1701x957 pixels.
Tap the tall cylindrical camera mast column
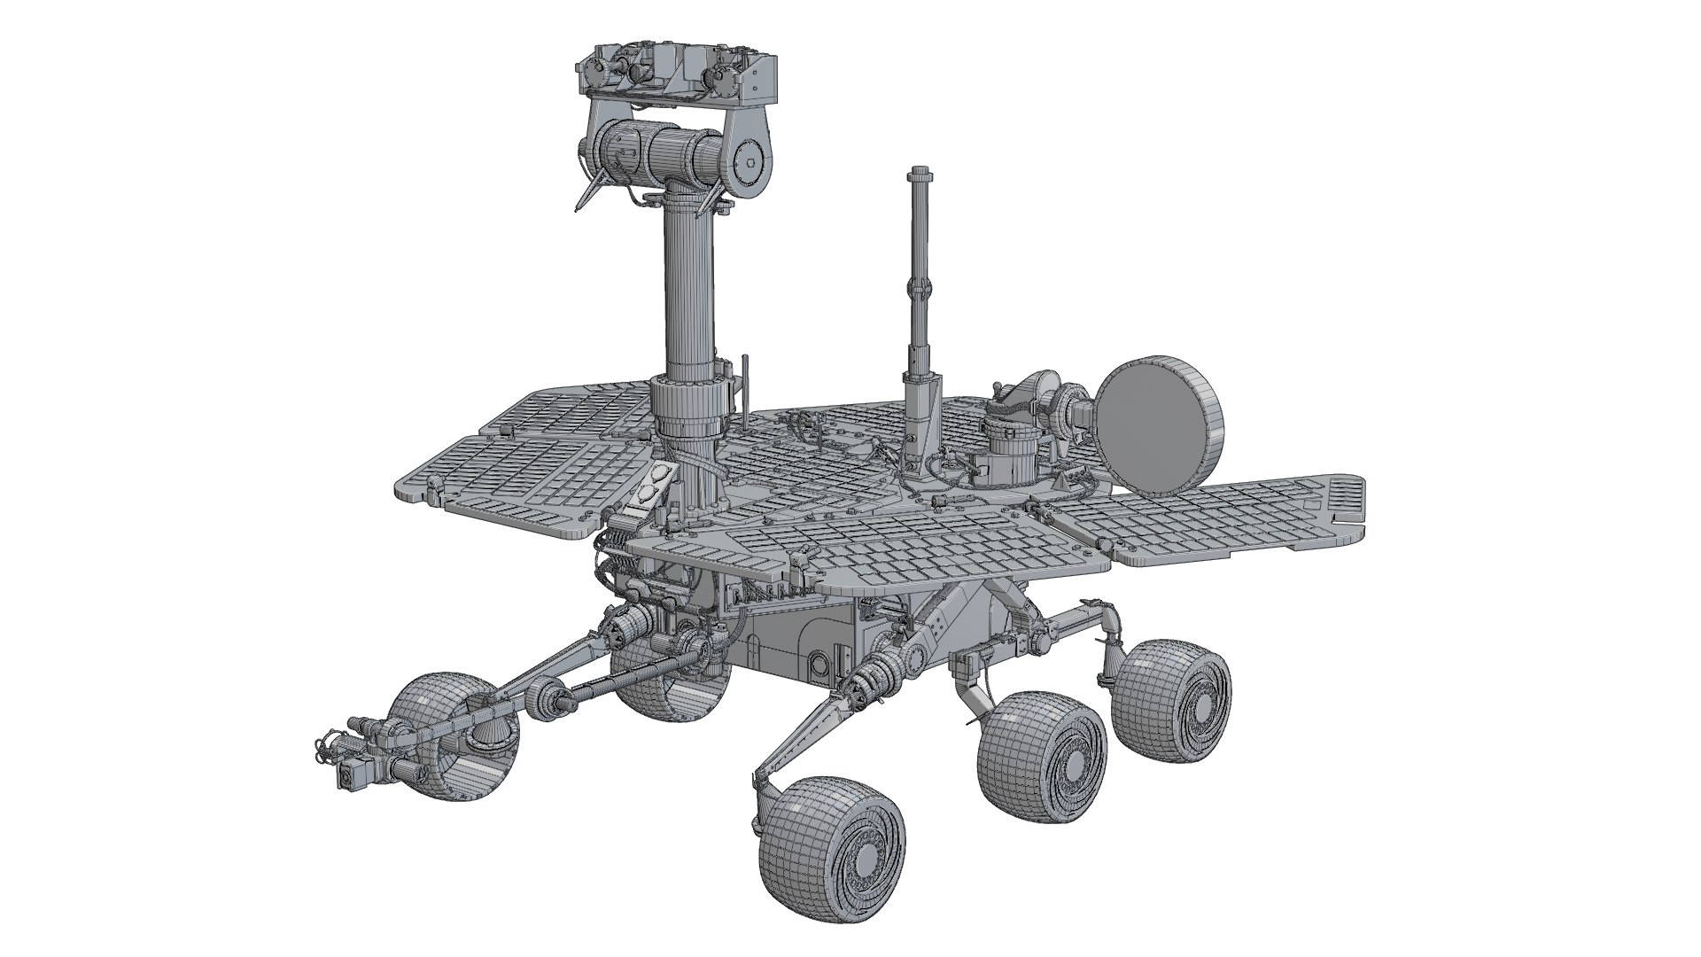coord(688,284)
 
